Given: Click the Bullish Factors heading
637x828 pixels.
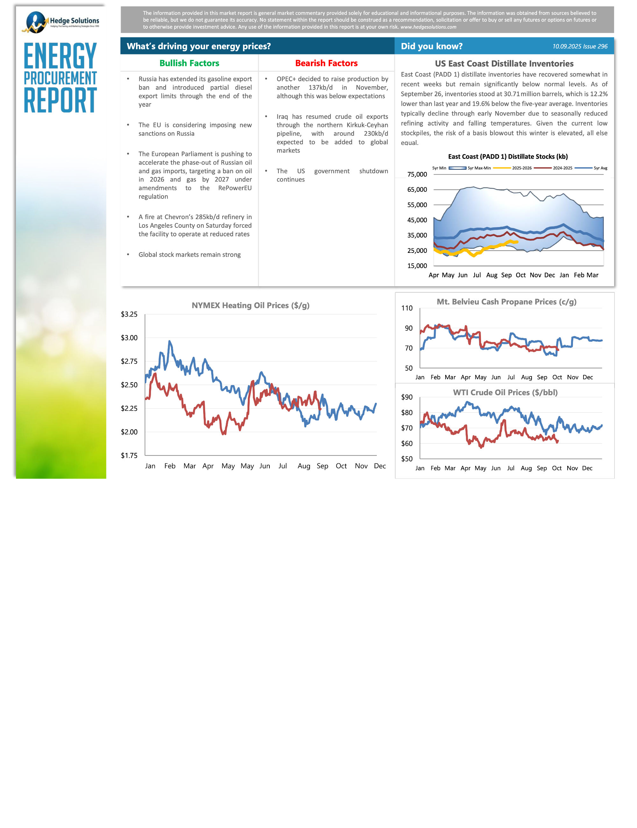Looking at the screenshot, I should click(x=189, y=63).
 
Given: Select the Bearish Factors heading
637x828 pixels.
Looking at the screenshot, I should click(x=326, y=63).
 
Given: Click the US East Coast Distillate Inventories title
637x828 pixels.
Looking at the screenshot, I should click(x=504, y=64).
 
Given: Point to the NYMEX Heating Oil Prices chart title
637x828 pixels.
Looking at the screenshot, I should click(x=250, y=306).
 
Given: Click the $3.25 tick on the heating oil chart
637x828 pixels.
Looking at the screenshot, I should click(x=129, y=314).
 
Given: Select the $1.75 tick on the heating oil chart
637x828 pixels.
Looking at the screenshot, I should click(x=129, y=455).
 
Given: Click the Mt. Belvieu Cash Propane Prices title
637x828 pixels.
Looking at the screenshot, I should click(x=506, y=302).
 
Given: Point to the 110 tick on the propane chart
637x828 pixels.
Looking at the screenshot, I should click(x=407, y=308).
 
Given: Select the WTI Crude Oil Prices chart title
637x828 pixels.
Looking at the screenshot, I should click(x=505, y=392).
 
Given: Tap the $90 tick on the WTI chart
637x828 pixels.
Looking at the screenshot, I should click(x=407, y=397).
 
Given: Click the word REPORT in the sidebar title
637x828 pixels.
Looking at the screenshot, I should click(x=60, y=100).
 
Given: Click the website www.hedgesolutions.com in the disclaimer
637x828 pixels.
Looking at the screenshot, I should click(x=428, y=27).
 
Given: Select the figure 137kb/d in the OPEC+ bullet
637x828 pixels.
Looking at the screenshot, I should click(x=320, y=88).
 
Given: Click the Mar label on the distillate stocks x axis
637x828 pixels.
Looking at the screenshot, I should click(x=592, y=275).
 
